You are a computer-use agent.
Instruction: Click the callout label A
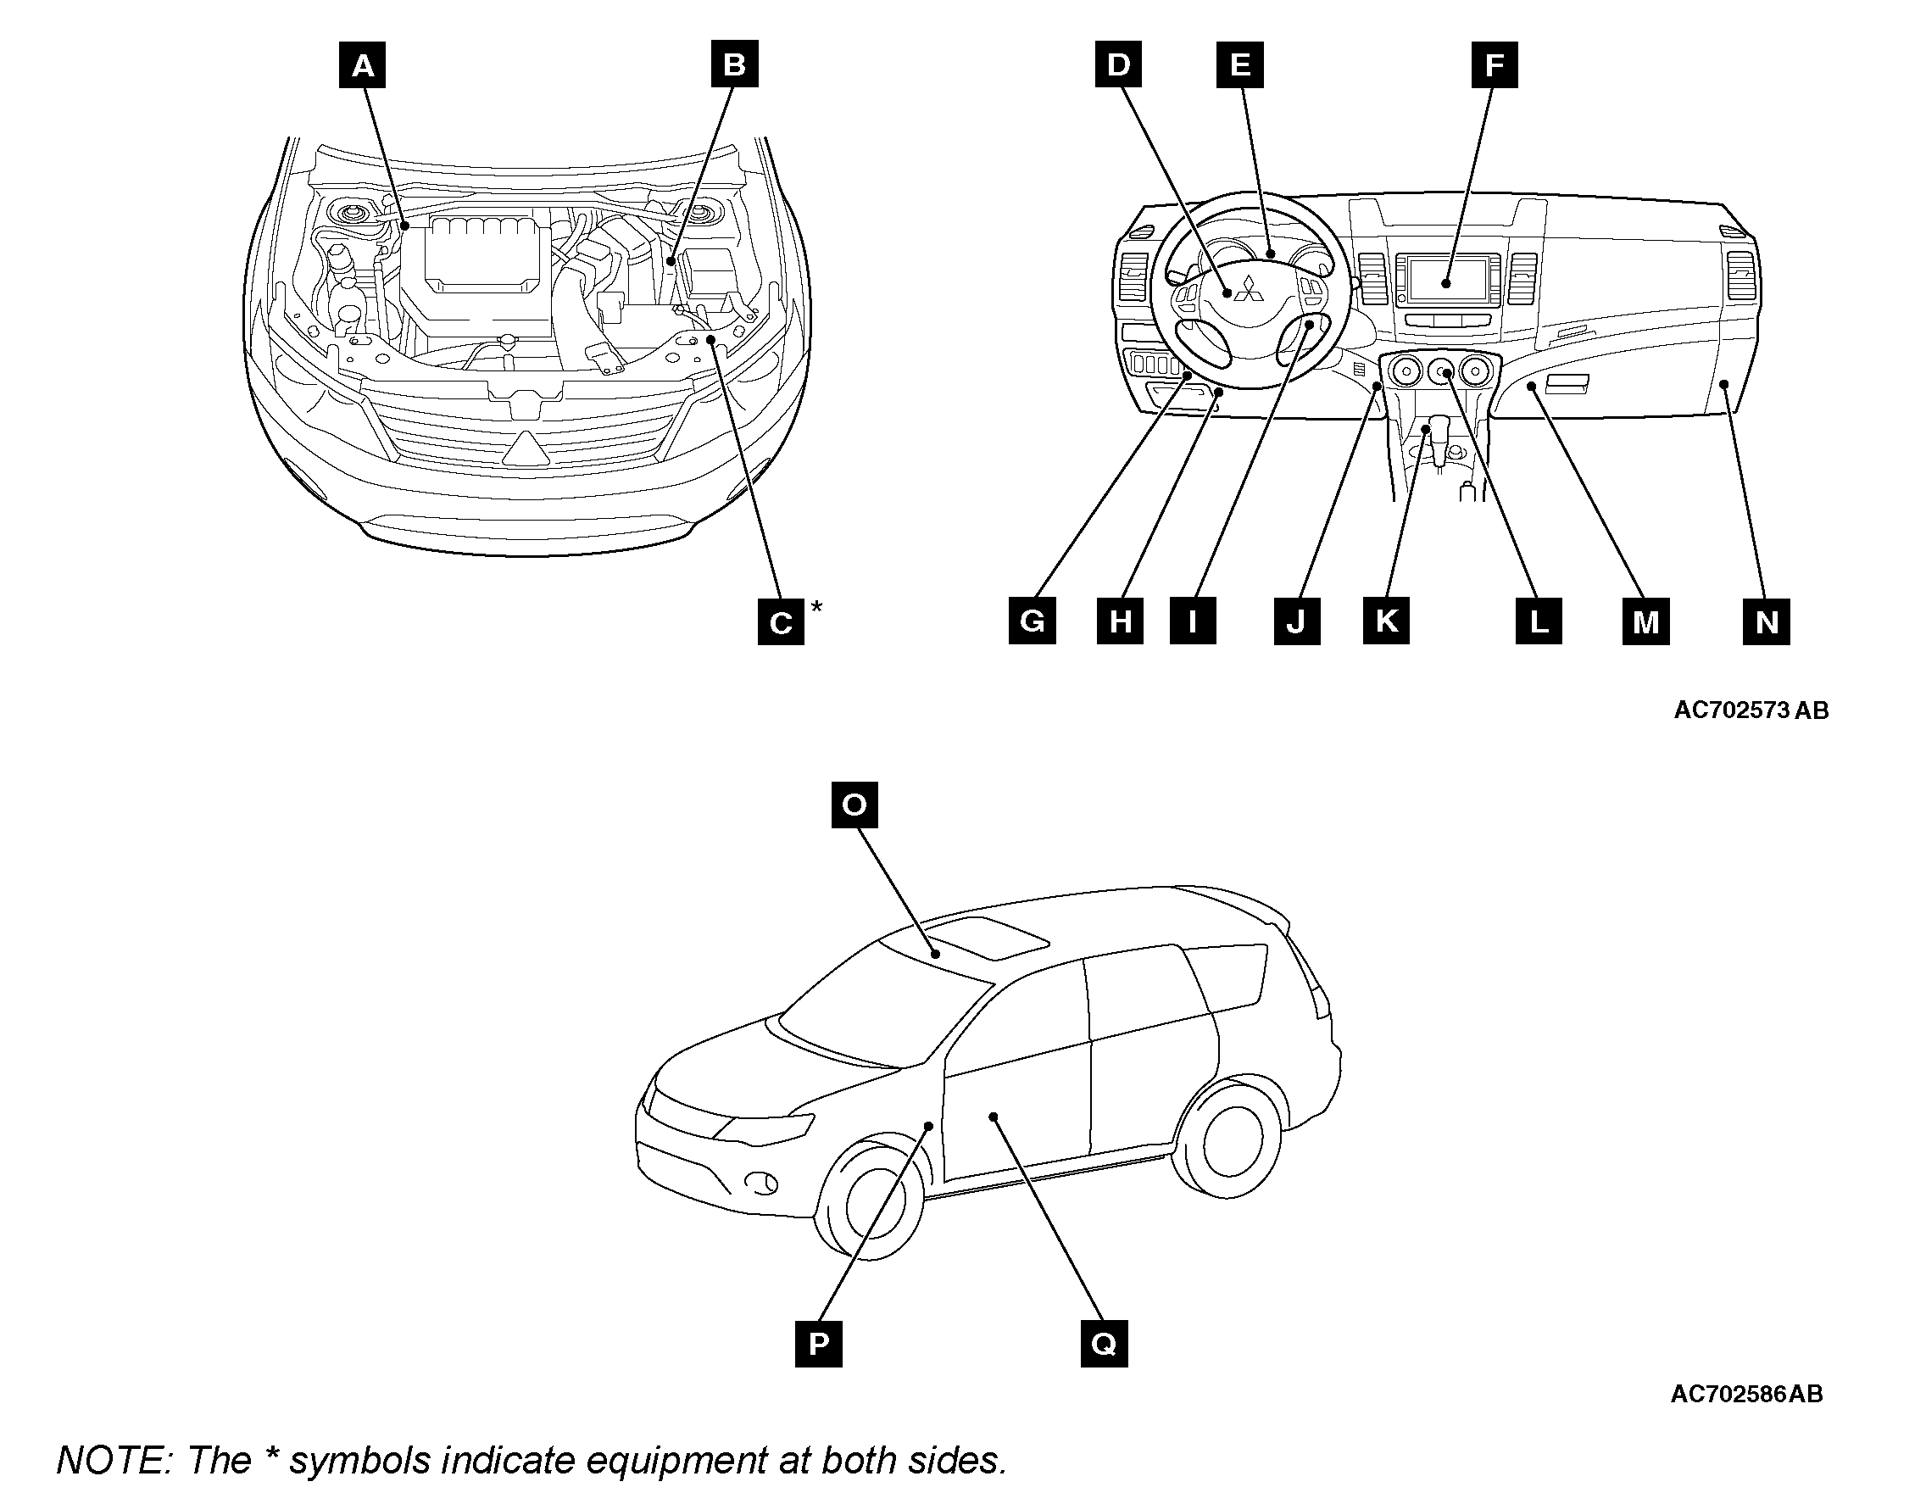click(x=363, y=65)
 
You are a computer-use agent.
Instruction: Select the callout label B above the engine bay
click(x=735, y=65)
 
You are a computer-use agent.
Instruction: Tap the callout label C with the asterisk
click(x=782, y=623)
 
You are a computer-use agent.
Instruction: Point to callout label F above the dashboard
click(x=1494, y=65)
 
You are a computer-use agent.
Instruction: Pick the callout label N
click(x=1767, y=622)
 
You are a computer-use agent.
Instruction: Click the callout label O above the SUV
click(x=854, y=805)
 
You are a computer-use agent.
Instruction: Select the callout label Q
click(x=1104, y=1344)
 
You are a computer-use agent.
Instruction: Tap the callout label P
click(x=818, y=1344)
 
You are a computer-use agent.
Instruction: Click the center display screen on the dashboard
click(x=1446, y=280)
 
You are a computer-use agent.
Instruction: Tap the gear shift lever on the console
click(x=1443, y=437)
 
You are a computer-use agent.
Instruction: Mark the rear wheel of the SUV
click(x=1229, y=1142)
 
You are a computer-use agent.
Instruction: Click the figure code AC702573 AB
click(x=1751, y=710)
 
